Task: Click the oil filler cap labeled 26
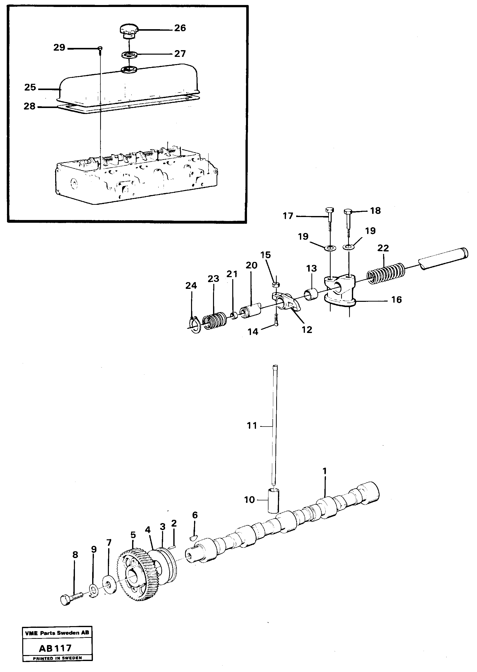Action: (x=128, y=31)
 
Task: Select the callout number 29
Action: (x=59, y=47)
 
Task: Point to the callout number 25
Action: (x=30, y=87)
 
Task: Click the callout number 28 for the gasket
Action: (x=29, y=106)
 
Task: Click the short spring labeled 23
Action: (x=215, y=320)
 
